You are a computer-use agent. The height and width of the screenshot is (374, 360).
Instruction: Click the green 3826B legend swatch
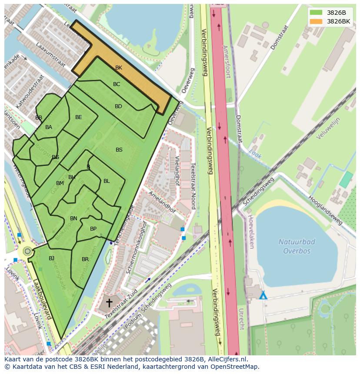point(316,13)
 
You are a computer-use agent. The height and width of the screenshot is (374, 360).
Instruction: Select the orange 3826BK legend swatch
point(316,21)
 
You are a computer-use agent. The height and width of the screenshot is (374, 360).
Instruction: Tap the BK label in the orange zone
point(119,68)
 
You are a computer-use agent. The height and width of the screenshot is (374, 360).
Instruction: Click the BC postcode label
point(117,84)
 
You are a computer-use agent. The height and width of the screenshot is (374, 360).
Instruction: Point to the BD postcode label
point(118,106)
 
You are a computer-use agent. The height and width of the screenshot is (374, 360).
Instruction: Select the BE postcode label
point(79,117)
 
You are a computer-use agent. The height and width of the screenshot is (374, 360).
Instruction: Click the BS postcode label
point(119,150)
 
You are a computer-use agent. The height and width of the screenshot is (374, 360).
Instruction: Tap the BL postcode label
point(107,181)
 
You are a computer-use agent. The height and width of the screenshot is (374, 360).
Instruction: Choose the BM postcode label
point(60,183)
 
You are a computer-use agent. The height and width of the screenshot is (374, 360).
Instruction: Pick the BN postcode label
point(74,218)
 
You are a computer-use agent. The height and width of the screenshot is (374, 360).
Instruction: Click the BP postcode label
point(93,229)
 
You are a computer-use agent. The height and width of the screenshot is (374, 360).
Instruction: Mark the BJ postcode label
point(52,258)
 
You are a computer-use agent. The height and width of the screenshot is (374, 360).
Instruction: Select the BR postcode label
point(85,259)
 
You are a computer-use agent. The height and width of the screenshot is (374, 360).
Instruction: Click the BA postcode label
point(49,127)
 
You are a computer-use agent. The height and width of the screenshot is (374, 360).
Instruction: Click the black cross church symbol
point(109,302)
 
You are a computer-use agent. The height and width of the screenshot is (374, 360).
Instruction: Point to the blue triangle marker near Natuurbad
point(263,296)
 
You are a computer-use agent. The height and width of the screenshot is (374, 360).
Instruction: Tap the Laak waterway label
point(255,152)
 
